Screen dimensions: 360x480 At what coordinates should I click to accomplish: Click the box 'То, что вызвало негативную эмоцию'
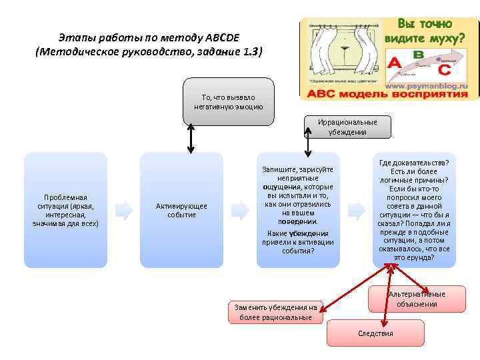(x=228, y=102)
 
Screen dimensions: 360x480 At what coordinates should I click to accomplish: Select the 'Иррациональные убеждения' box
(x=347, y=127)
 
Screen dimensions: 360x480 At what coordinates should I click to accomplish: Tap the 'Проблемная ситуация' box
(x=65, y=210)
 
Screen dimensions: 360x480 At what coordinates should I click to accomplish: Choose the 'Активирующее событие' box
(x=181, y=210)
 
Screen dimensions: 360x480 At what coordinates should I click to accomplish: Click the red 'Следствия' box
(x=375, y=333)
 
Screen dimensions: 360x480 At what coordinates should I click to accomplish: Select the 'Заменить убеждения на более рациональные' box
(x=275, y=312)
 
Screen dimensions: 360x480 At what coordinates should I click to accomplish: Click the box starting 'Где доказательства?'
(x=414, y=210)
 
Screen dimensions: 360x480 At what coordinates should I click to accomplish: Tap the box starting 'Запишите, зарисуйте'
(x=297, y=210)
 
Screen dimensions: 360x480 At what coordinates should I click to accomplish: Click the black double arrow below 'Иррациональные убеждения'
(x=307, y=147)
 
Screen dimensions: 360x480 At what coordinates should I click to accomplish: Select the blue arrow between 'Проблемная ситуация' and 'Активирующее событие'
(x=123, y=210)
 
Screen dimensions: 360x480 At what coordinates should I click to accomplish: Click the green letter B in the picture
(x=419, y=54)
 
